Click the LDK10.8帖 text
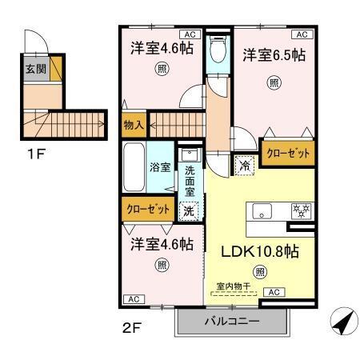pyautogui.click(x=260, y=251)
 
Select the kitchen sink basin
pyautogui.click(x=262, y=211)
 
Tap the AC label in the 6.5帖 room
pyautogui.click(x=302, y=34)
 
